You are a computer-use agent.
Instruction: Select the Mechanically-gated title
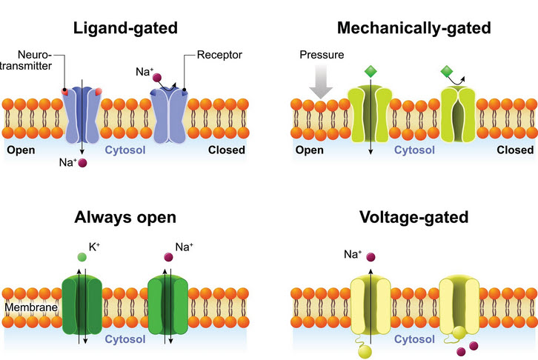(x=414, y=29)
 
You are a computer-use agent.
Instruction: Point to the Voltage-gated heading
(x=414, y=218)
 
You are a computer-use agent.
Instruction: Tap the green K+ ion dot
(x=81, y=257)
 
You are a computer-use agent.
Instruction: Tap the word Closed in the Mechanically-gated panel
(x=514, y=150)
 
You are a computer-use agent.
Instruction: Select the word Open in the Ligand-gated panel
(x=22, y=150)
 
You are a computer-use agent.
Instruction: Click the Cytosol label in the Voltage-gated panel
(x=414, y=340)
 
